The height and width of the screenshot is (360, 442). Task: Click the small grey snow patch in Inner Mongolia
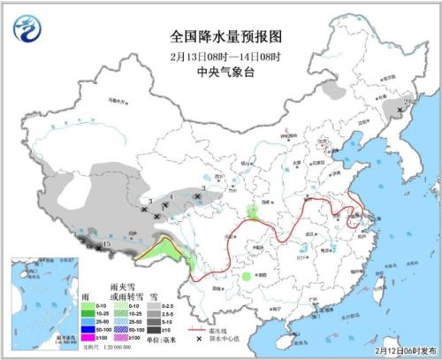tap(334, 90)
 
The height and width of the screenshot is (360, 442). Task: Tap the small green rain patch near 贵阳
tap(244, 276)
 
